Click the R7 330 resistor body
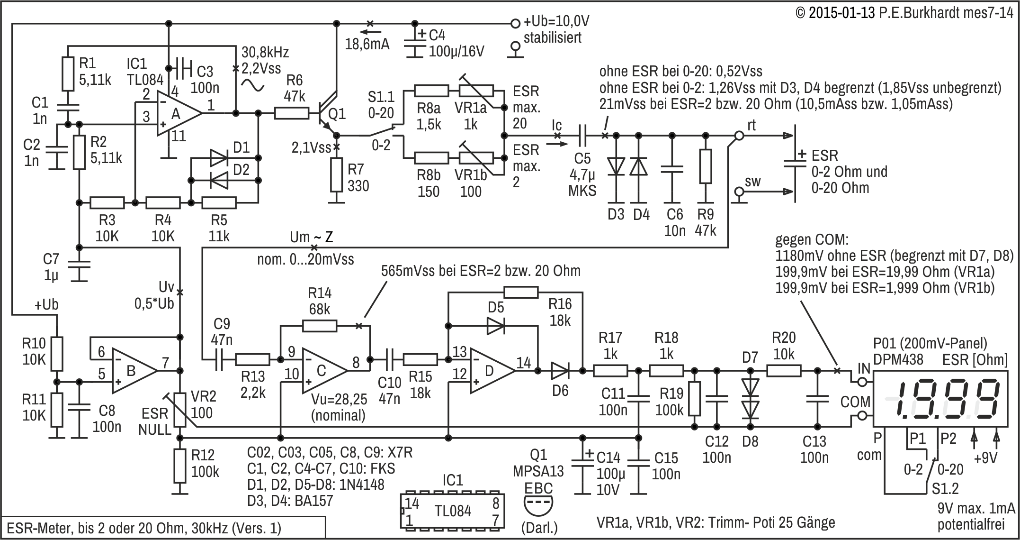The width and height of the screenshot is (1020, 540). coord(336,175)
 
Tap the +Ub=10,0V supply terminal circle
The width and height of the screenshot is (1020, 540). coord(515,23)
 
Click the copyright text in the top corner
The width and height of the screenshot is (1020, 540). coord(905,12)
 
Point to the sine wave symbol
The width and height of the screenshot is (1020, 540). coord(253,85)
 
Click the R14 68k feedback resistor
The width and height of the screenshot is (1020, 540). coord(320,326)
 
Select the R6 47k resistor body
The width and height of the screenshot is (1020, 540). coord(292,113)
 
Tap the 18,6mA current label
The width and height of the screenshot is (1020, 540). coord(367,45)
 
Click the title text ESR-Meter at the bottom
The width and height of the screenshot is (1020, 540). coord(143,528)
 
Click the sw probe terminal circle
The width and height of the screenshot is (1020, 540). coord(738,192)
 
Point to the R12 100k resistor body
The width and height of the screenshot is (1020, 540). coord(180,466)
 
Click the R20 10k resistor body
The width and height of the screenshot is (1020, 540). coord(784,370)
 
